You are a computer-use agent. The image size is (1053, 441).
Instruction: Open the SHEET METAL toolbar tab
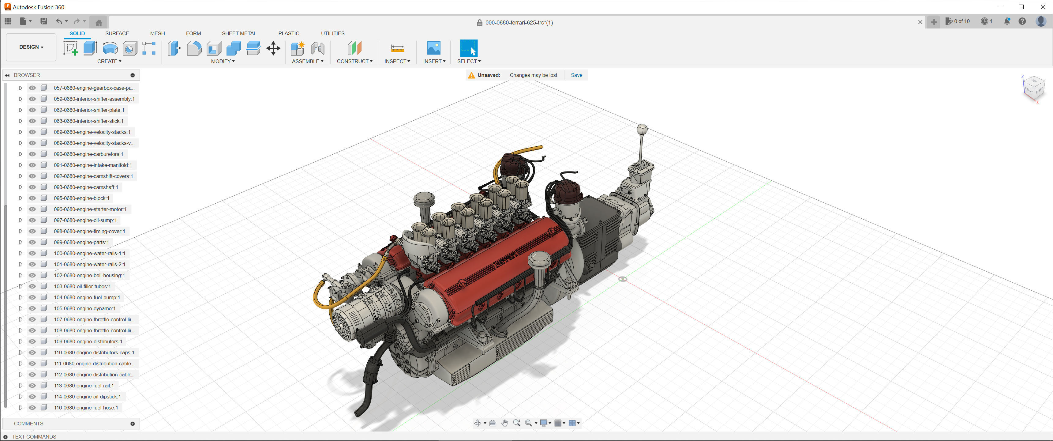239,33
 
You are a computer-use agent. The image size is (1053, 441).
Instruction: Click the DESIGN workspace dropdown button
31,47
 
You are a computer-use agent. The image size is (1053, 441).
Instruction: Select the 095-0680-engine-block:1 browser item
81,198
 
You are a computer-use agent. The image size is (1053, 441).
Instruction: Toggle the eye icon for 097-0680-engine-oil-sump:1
32,220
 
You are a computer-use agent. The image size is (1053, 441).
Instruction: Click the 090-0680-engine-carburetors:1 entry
88,154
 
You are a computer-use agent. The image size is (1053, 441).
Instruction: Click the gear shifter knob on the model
642,130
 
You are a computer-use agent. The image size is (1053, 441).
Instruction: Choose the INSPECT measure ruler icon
397,48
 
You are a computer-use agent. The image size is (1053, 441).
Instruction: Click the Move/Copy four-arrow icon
273,48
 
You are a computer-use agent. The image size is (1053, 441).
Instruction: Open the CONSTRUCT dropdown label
354,61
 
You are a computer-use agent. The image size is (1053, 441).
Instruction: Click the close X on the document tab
920,22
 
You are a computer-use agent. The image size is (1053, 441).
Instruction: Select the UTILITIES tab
332,33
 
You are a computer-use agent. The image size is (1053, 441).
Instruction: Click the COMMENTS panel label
28,424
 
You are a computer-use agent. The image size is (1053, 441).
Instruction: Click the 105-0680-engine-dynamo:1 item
84,308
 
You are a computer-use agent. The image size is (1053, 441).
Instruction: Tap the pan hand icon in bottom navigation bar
504,423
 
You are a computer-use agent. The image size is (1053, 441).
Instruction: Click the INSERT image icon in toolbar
433,48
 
